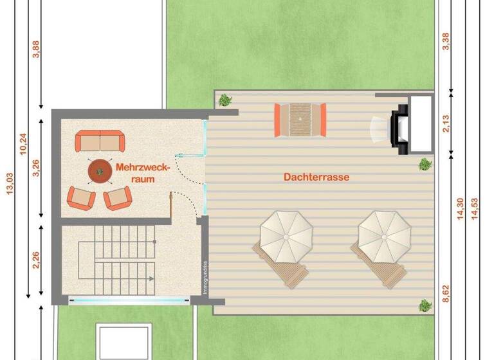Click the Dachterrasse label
tap(316, 177)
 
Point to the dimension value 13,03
tap(8, 186)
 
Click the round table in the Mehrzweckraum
tap(99, 171)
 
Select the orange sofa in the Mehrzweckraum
tap(99, 141)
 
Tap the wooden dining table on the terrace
tap(300, 120)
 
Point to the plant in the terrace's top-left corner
tap(225, 100)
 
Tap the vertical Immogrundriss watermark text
tap(205, 276)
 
